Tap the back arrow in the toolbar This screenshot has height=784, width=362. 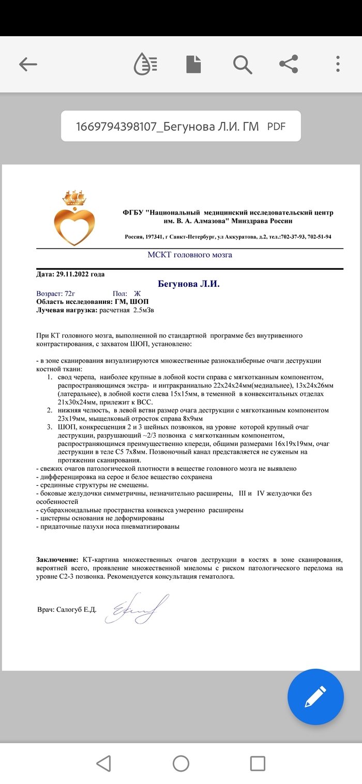[28, 64]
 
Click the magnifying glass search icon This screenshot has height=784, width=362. [242, 64]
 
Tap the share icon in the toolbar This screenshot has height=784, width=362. [289, 64]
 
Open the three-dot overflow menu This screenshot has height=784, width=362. [338, 64]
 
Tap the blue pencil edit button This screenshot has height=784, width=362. [315, 696]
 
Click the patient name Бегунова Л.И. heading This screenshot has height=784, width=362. [189, 284]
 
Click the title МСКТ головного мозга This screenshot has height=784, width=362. [190, 255]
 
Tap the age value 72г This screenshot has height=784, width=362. [72, 294]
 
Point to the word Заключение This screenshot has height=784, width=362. [57, 560]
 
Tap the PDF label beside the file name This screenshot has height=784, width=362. [276, 126]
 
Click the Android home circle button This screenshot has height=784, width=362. [180, 763]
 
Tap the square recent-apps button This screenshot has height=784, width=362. [257, 763]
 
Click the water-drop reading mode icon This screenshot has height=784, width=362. [145, 64]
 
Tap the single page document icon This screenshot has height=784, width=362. [193, 64]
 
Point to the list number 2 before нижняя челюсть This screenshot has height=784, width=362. [49, 410]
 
